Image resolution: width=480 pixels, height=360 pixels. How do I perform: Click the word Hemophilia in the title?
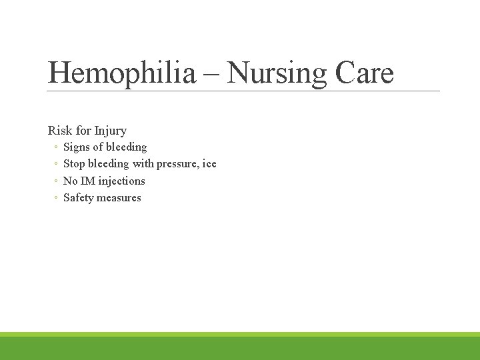click(122, 72)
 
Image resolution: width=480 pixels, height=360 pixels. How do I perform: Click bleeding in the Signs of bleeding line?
click(127, 147)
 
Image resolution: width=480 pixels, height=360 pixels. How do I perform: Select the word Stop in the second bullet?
click(74, 164)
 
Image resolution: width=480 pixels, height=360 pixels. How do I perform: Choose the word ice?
click(209, 164)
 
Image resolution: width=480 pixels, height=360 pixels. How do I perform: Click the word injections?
click(121, 181)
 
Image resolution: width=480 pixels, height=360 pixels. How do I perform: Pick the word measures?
click(120, 198)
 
